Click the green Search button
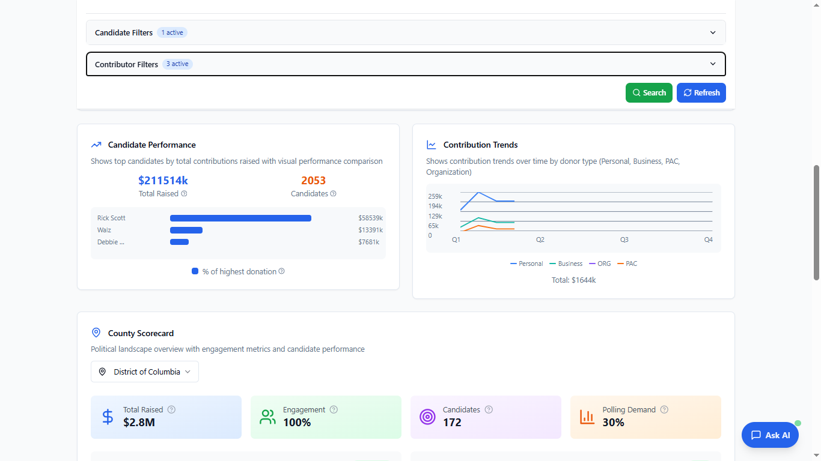(x=649, y=93)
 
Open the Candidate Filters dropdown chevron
(x=713, y=32)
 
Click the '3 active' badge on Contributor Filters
(x=177, y=64)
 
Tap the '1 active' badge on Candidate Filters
(x=172, y=32)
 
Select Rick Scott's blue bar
(x=240, y=218)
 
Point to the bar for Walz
(x=186, y=230)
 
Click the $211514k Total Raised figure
(x=163, y=181)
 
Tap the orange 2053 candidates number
(x=313, y=181)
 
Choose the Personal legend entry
(x=526, y=264)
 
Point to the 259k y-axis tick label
(x=435, y=196)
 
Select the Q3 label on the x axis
(x=624, y=240)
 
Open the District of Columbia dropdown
(x=145, y=372)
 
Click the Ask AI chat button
(x=770, y=435)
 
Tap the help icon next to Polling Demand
(x=664, y=410)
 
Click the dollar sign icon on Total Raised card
(x=108, y=417)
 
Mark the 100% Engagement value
(x=297, y=423)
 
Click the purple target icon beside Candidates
(x=427, y=417)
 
